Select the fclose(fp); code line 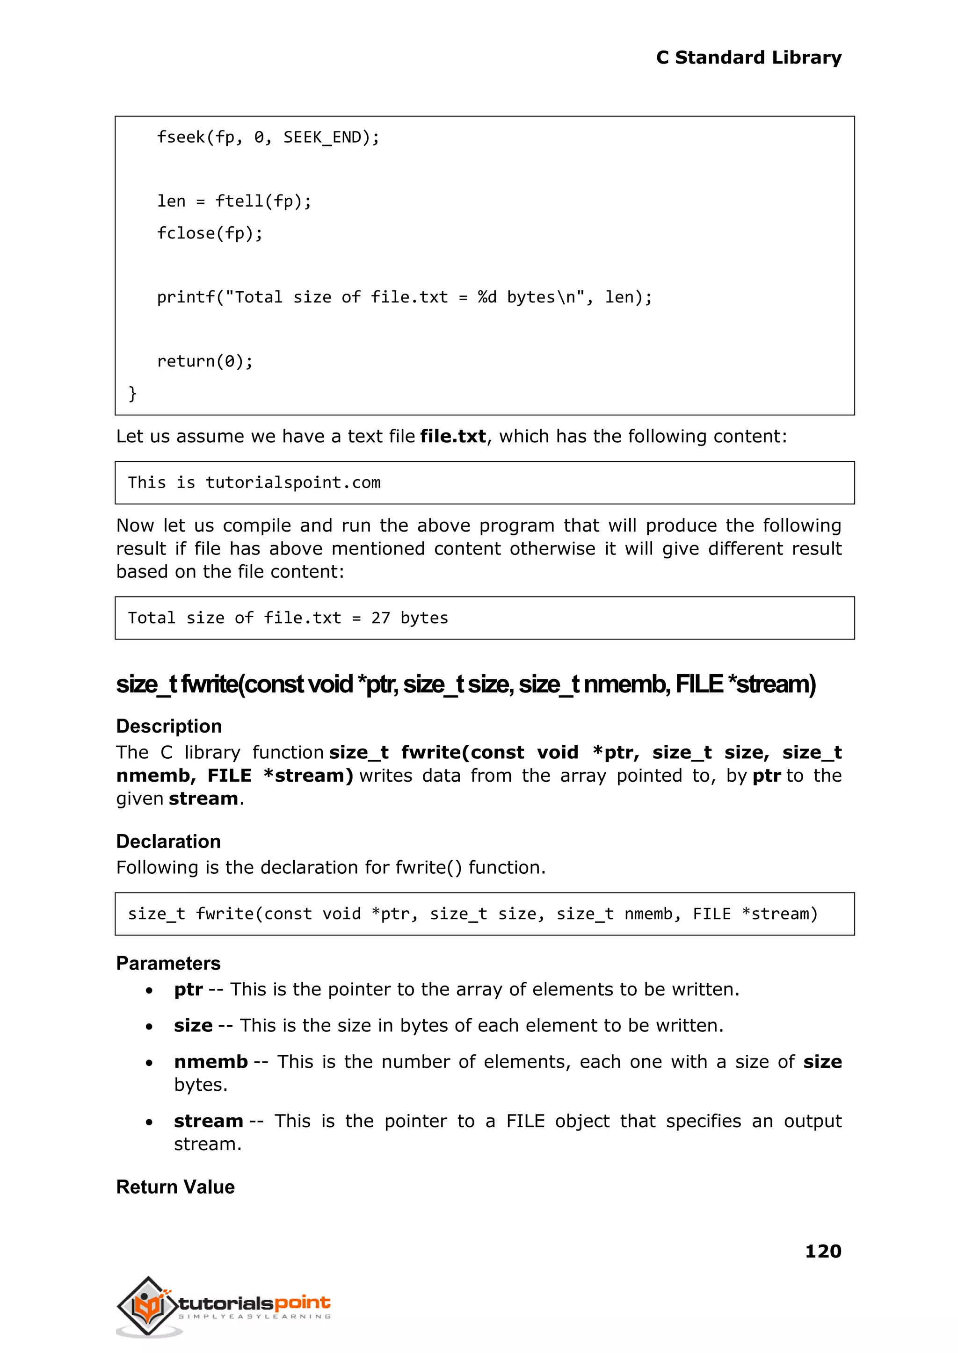[x=210, y=233]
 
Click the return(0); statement [x=205, y=361]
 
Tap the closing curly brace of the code [x=133, y=393]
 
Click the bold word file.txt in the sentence [x=452, y=436]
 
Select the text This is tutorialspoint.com [x=254, y=483]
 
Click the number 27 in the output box [x=380, y=618]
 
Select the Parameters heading [x=168, y=963]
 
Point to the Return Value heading [x=175, y=1187]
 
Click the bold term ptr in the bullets [x=188, y=989]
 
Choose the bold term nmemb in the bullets [x=210, y=1062]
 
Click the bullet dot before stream [x=149, y=1122]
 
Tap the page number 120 [x=823, y=1251]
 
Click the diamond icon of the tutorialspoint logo [x=148, y=1306]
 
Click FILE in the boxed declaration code [x=711, y=914]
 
